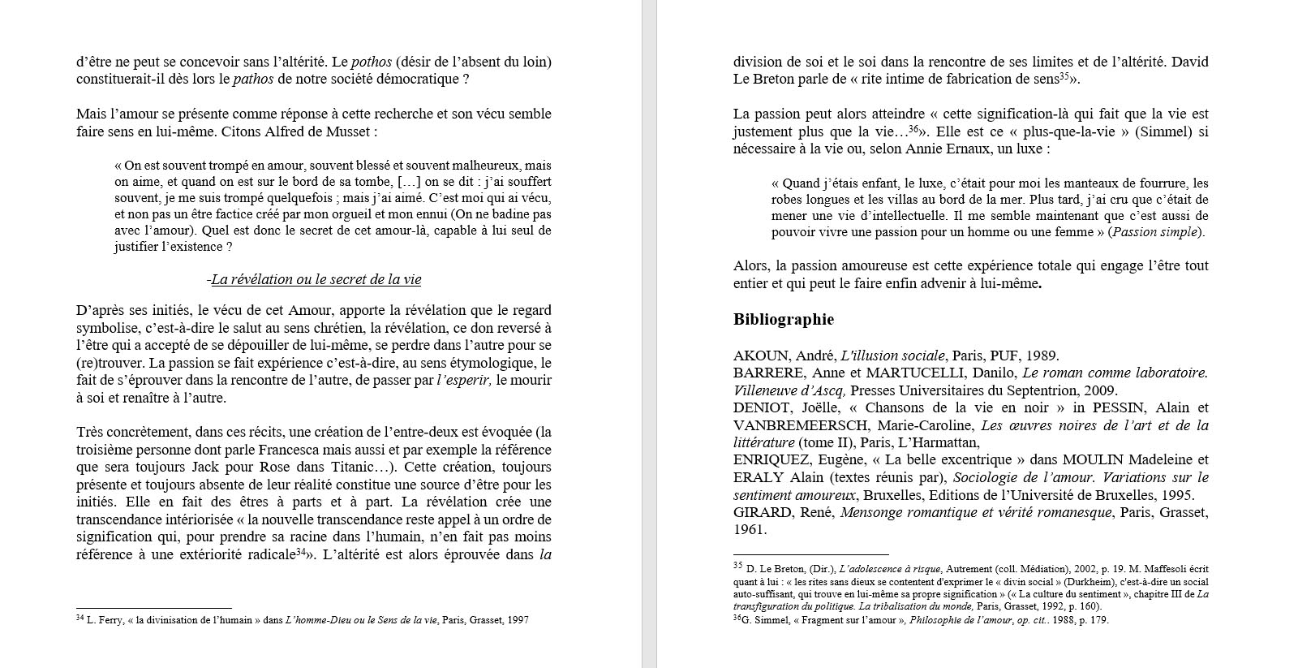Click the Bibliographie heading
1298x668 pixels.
[783, 320]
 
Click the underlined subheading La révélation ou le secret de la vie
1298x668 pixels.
[316, 280]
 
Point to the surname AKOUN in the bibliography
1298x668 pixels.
[761, 356]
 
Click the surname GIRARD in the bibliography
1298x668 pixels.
[762, 512]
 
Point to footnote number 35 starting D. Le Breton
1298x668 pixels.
[737, 566]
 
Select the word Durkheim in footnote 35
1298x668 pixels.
[1061, 582]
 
